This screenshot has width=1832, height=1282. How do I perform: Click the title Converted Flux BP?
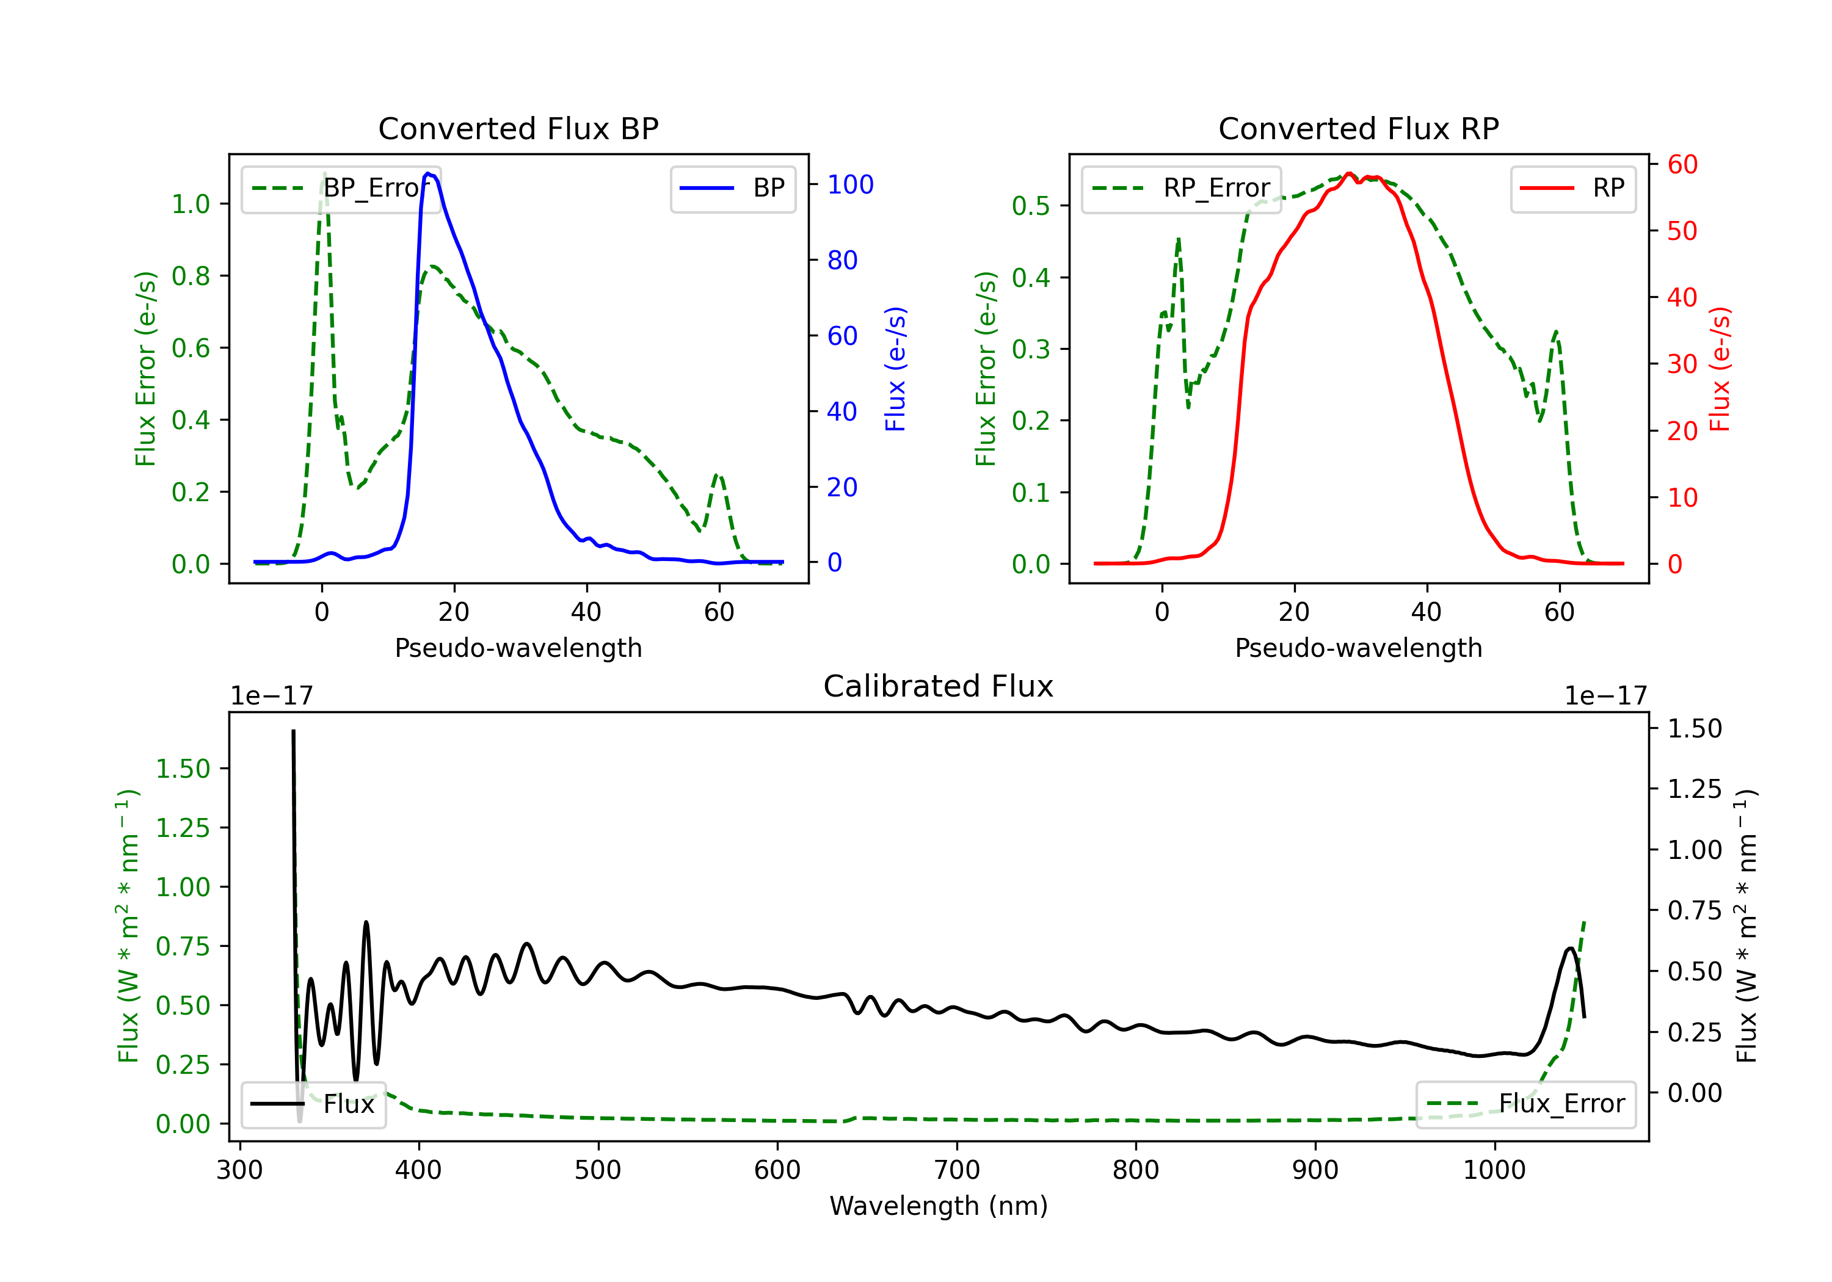(518, 128)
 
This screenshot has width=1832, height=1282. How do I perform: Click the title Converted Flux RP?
(1358, 128)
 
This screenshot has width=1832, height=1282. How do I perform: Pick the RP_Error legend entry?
(1181, 188)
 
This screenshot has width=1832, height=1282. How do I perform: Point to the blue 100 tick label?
(850, 185)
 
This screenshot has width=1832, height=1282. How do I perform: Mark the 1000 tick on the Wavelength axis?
(1494, 1170)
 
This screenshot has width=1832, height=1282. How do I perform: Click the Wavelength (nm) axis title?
(939, 1206)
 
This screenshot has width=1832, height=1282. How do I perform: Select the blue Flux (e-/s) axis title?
(895, 369)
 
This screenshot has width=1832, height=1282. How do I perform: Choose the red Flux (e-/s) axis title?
(1720, 369)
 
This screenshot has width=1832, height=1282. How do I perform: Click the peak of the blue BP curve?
(429, 173)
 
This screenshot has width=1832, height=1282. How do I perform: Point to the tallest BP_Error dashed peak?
(324, 174)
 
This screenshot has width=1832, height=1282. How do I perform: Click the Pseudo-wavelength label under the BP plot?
(518, 648)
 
